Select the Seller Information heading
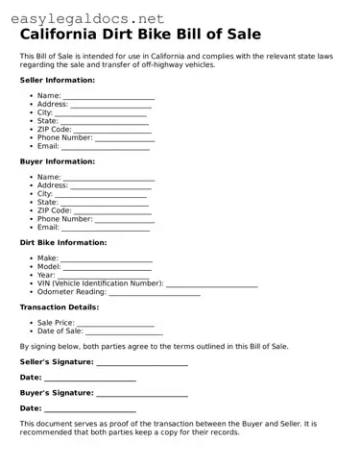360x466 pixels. (x=58, y=81)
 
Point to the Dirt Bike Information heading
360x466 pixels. (x=63, y=242)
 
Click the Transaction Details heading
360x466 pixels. (x=58, y=307)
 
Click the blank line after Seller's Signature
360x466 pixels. (x=142, y=363)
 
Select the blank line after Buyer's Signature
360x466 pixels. (x=142, y=394)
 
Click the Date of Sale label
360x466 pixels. (x=60, y=331)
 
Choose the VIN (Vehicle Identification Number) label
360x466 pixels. (x=101, y=283)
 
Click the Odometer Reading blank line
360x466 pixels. (x=155, y=293)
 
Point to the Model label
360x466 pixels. (x=48, y=267)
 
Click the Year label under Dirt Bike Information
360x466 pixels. (x=46, y=276)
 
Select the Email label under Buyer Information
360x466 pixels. (x=48, y=228)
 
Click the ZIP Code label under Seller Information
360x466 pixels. (x=55, y=129)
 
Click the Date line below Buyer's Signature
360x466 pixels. (x=90, y=410)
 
